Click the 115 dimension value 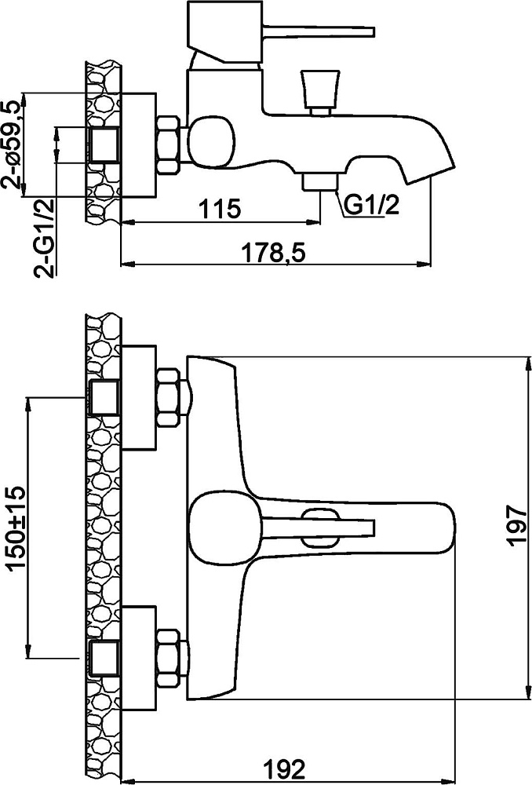pyautogui.click(x=220, y=208)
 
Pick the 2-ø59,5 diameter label pyautogui.click(x=13, y=144)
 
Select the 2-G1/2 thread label pyautogui.click(x=44, y=238)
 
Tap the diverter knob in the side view pyautogui.click(x=321, y=93)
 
